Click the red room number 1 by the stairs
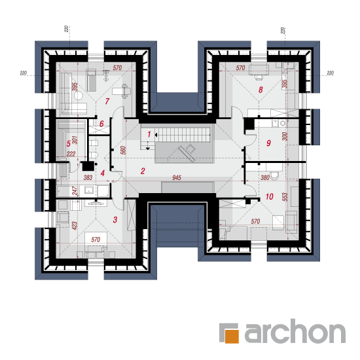coord(149,134)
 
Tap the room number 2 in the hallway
coord(143,171)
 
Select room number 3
coord(115,220)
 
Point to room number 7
coord(107,101)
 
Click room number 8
coord(261,90)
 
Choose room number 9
coord(268,143)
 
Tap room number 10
coord(269,196)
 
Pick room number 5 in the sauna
coord(69,144)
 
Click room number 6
coord(101,124)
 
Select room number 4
coord(102,173)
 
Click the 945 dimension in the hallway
coord(177,177)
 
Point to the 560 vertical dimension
coord(123,150)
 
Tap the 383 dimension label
coord(88,177)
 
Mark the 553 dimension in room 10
coord(285,197)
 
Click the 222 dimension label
coord(71,154)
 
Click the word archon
coord(295,331)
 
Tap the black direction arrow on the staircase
coord(156,135)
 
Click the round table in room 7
coord(79,96)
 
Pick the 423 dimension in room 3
coord(75,226)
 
